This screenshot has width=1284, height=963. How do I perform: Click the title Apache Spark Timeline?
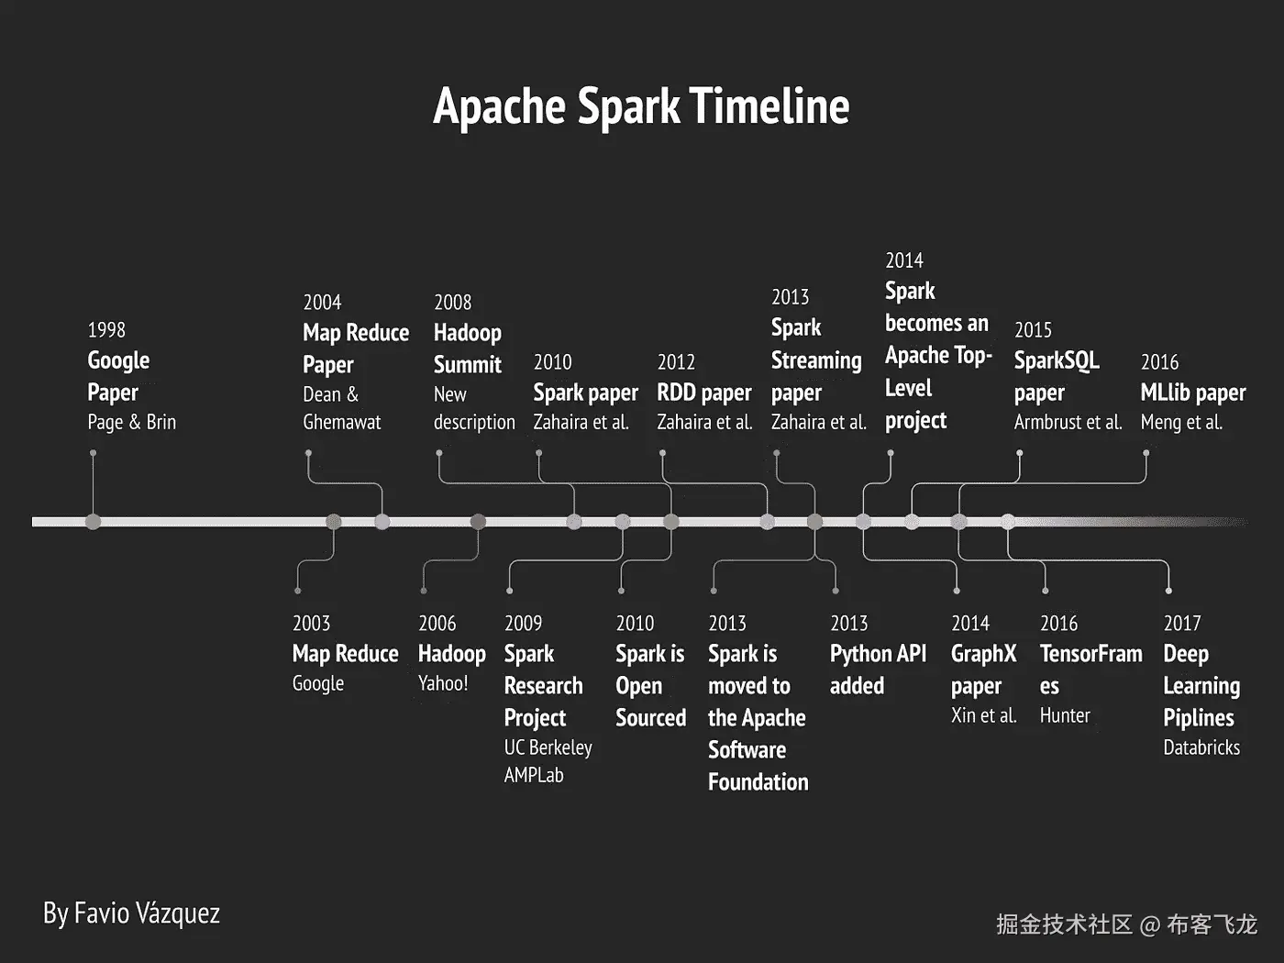tap(641, 106)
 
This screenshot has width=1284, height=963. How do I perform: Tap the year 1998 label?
tap(106, 330)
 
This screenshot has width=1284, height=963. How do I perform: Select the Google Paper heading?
tap(118, 377)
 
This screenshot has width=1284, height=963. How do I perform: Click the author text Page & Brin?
tap(132, 422)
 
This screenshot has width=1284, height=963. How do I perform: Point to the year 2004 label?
tap(322, 303)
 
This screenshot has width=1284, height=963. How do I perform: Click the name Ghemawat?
tap(341, 422)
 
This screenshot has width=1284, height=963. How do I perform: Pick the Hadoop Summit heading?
tap(468, 349)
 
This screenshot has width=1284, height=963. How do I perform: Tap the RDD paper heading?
tap(703, 393)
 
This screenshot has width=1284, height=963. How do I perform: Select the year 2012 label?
tap(676, 362)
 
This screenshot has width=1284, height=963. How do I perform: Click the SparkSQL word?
tap(1057, 360)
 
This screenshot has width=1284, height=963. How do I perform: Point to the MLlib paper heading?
tap(1193, 393)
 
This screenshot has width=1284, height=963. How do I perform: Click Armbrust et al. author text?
tap(1068, 422)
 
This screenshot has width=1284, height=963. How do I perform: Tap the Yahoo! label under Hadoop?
tap(443, 683)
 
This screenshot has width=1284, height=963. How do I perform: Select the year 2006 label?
tap(437, 624)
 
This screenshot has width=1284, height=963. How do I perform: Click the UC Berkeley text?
tap(548, 747)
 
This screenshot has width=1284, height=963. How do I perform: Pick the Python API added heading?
tap(878, 670)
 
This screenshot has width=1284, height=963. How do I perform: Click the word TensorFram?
tap(1091, 654)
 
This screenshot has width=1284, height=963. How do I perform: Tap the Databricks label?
tap(1201, 747)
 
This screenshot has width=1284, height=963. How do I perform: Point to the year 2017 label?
tap(1182, 624)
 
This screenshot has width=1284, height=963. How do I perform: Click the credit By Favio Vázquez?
tap(132, 913)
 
